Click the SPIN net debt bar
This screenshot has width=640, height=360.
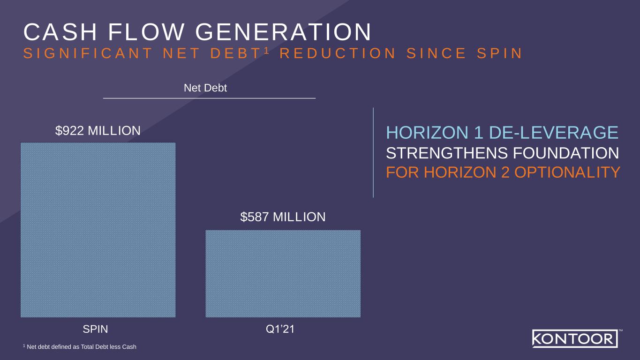point(98,230)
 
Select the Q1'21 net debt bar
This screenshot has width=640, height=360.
point(283,273)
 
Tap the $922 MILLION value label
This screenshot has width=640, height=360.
point(98,131)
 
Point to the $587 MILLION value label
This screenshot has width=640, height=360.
point(283,217)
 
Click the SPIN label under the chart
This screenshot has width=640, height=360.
point(95,330)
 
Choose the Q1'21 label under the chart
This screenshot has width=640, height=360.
point(280,330)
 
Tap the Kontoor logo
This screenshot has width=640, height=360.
point(575,338)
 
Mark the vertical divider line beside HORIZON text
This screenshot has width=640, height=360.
point(373,153)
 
